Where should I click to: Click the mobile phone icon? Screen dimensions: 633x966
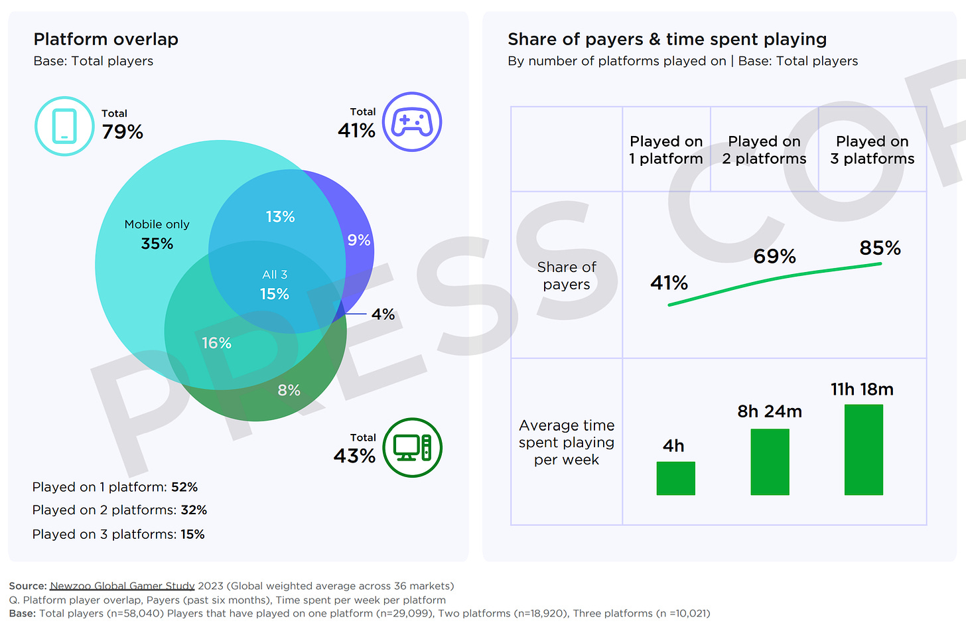point(64,126)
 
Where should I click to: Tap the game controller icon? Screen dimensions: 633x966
point(412,122)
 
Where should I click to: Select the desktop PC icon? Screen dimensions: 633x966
point(412,448)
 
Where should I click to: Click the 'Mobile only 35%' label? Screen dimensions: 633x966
point(157,235)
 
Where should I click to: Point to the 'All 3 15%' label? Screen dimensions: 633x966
point(275,285)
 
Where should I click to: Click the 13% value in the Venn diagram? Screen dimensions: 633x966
point(280,217)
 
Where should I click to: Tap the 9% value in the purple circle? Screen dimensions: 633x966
point(359,240)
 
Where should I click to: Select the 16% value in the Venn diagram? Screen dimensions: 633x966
point(216,343)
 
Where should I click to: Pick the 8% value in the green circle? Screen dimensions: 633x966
point(289,390)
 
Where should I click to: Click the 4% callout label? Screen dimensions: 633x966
point(383,314)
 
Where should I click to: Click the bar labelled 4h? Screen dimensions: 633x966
point(675,478)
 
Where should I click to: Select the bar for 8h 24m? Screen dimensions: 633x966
point(770,462)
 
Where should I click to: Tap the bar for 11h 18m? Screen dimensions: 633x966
point(863,450)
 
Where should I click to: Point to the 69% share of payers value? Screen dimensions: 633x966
point(774,256)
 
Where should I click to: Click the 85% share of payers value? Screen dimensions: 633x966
point(880,248)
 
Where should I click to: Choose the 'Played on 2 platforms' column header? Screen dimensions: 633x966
point(764,150)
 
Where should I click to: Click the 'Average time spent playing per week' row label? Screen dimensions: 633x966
point(567,443)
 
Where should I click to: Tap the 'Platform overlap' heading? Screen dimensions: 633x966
point(106,39)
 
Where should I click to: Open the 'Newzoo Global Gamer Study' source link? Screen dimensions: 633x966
point(122,586)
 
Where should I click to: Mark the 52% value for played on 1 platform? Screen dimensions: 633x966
point(184,487)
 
